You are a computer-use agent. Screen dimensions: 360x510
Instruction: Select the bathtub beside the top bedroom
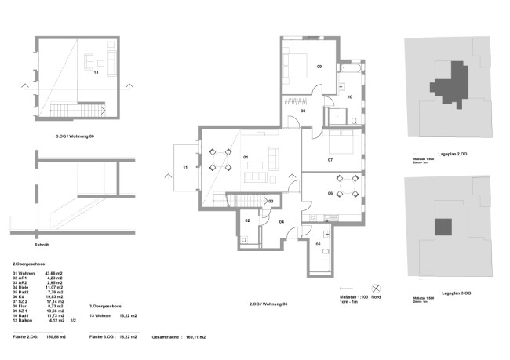(350, 68)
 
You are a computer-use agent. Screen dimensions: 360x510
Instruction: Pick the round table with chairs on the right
(347, 186)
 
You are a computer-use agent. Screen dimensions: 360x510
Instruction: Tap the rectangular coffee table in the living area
(255, 165)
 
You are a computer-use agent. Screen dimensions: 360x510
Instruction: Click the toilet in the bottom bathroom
(326, 251)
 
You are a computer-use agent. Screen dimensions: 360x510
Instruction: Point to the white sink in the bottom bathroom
(326, 234)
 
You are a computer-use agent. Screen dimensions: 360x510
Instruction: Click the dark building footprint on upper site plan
(450, 83)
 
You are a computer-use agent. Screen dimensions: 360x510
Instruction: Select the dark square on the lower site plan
(443, 227)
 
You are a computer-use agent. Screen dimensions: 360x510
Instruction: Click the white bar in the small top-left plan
(64, 102)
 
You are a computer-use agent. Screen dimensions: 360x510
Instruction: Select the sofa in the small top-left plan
(112, 63)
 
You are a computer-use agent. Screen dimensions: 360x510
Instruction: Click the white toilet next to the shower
(354, 121)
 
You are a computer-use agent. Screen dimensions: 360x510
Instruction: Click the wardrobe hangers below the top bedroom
(294, 102)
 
